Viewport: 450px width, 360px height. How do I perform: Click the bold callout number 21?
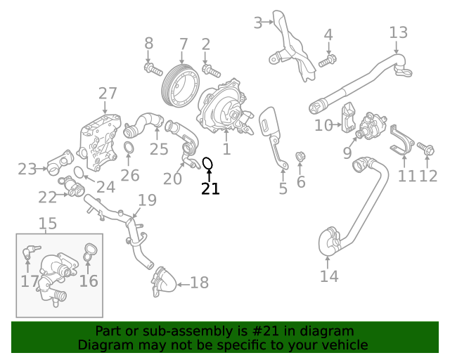(x=210, y=188)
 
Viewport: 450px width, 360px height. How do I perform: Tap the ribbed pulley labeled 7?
(x=180, y=86)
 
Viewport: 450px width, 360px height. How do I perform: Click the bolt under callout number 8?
(x=153, y=70)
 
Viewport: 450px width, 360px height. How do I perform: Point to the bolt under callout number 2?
(x=211, y=71)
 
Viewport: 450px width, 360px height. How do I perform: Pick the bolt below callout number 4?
(x=328, y=61)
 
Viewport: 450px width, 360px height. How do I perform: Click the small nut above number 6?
(x=300, y=157)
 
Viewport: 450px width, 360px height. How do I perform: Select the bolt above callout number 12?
(x=426, y=148)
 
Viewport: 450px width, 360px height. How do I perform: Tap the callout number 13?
(x=399, y=32)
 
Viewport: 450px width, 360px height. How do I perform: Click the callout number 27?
(x=108, y=94)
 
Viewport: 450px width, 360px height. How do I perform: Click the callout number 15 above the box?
(x=48, y=224)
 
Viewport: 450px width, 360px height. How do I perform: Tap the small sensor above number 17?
(x=30, y=251)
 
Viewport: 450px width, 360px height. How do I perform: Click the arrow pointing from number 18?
(x=183, y=285)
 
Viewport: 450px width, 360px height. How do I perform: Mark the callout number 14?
(x=329, y=276)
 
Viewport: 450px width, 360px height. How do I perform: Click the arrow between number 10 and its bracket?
(x=337, y=124)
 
